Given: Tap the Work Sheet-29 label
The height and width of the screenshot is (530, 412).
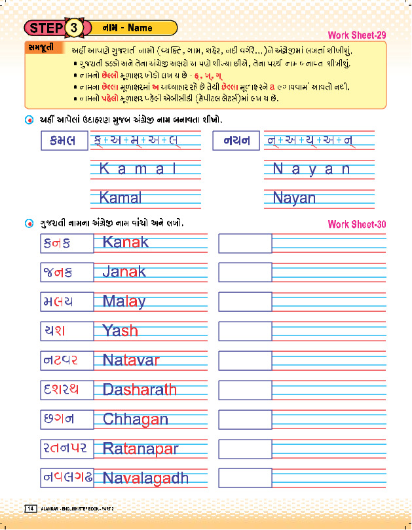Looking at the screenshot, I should click(356, 34).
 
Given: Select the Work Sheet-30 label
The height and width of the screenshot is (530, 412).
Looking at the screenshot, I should click(356, 224).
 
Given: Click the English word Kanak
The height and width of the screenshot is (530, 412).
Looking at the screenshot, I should click(125, 242).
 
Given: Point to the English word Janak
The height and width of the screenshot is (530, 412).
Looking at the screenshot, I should click(124, 271).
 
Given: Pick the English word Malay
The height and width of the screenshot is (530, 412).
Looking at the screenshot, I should click(124, 301).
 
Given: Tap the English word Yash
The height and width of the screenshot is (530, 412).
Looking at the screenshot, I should click(120, 330).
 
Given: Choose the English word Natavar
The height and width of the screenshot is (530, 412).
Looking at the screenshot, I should click(130, 360).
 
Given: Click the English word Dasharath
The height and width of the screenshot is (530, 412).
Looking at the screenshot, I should click(140, 389).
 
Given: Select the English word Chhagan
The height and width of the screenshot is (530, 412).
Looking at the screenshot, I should click(135, 419).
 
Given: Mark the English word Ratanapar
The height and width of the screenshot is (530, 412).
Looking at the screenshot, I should click(140, 449).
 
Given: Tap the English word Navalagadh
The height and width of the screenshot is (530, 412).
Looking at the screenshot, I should click(145, 478).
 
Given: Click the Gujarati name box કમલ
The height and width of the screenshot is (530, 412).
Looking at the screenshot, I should click(63, 140).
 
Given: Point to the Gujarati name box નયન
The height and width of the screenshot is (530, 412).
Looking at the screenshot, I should click(236, 140).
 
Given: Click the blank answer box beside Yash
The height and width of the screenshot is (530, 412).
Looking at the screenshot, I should click(244, 331).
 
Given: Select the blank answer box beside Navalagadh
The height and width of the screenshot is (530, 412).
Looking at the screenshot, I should click(244, 478).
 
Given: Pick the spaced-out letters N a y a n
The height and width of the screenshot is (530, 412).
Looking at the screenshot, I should click(311, 169).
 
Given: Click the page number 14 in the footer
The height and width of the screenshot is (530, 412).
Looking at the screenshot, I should click(30, 509).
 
